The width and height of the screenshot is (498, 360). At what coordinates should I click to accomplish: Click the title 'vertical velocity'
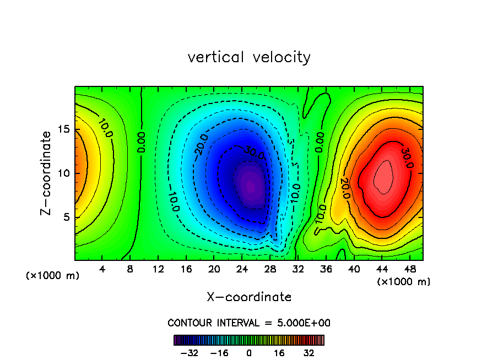tap(249, 57)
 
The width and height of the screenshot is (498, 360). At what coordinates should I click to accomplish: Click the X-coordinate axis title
tap(249, 297)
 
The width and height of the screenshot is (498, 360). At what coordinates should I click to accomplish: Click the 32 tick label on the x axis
tap(297, 270)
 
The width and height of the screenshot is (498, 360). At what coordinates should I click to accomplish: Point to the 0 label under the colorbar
tap(249, 353)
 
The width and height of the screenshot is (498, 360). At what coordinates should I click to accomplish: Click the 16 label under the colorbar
tap(279, 353)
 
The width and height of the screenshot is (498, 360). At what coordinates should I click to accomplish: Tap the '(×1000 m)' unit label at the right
tap(404, 282)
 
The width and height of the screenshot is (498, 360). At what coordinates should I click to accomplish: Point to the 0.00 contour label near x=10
tap(142, 142)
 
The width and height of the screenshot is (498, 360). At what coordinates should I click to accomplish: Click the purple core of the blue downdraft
tap(250, 186)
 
